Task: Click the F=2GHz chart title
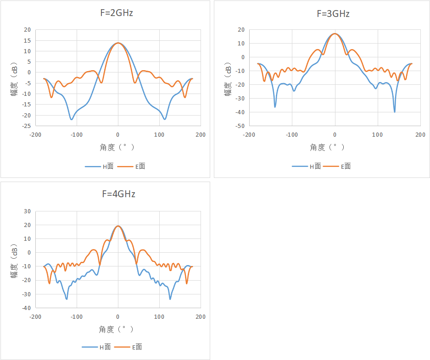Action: click(117, 13)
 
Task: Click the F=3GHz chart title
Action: click(333, 14)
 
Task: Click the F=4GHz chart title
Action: click(119, 194)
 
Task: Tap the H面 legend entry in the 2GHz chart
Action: click(99, 166)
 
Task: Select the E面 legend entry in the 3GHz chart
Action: click(337, 166)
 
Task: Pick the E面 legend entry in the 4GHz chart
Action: click(128, 347)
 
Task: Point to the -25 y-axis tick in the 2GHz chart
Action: click(27, 126)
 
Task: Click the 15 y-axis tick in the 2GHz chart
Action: click(28, 40)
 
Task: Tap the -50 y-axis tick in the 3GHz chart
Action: click(240, 126)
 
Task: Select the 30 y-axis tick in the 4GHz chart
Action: click(28, 211)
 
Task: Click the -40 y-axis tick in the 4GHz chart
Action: click(27, 308)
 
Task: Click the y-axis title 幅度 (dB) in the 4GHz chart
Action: click(14, 261)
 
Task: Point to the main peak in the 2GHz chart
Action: click(118, 43)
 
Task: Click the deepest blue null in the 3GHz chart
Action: click(395, 112)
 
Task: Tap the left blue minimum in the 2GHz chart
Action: click(72, 119)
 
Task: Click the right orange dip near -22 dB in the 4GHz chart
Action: click(187, 283)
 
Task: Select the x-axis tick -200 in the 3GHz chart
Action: click(249, 135)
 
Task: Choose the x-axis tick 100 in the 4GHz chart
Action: click(159, 317)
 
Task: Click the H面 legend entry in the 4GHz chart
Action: click(96, 347)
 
